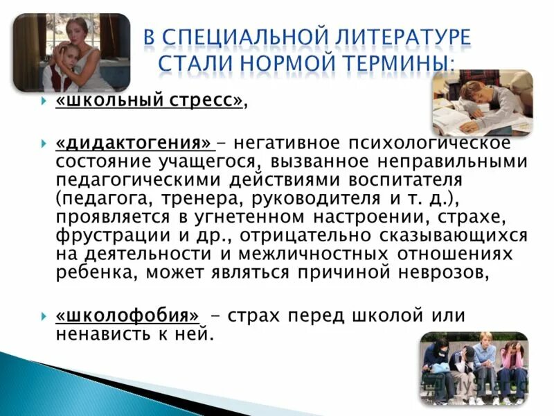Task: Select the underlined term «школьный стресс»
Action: tap(150, 101)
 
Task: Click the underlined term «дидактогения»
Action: tap(134, 144)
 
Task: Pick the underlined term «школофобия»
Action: tap(127, 315)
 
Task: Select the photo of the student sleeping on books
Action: tap(482, 102)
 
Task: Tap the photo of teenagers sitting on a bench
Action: tap(474, 367)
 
